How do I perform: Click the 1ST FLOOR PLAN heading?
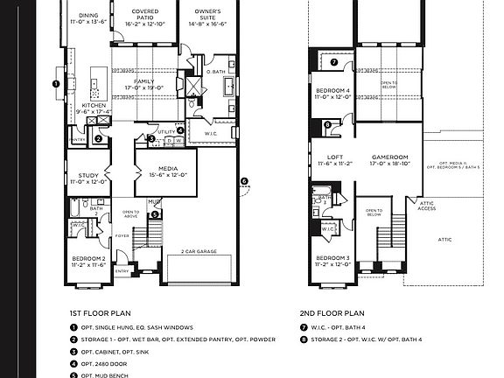coord(100,313)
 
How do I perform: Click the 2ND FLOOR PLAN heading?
coord(332,313)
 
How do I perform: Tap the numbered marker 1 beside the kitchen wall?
coord(56,85)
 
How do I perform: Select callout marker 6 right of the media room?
coord(244,182)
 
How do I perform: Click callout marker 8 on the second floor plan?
coord(328,125)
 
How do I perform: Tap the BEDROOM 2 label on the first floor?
coord(89,261)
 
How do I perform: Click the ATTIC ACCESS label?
coord(426,206)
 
